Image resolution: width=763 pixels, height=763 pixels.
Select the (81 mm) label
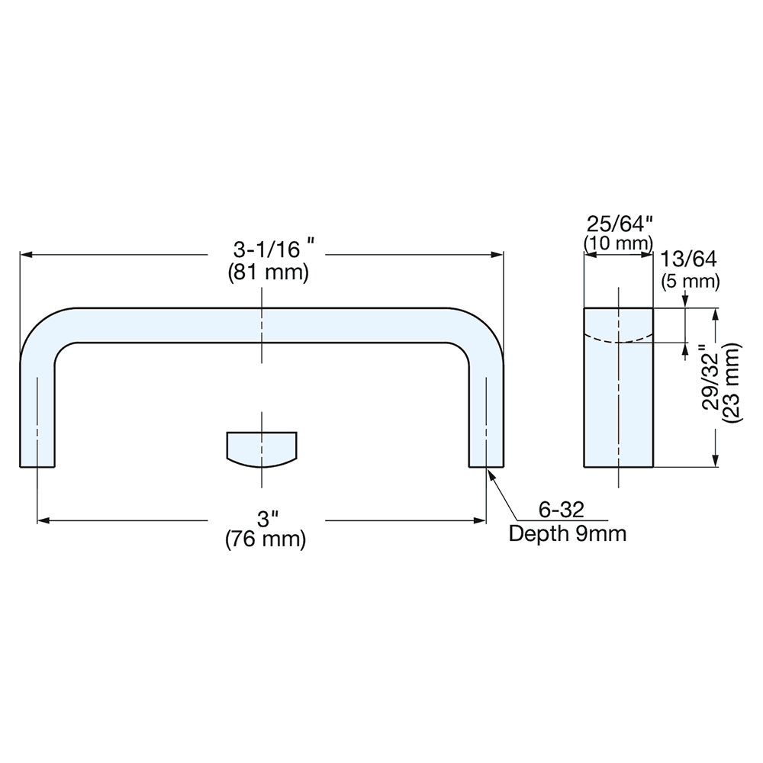(x=269, y=272)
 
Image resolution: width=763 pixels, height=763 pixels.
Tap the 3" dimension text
(x=266, y=520)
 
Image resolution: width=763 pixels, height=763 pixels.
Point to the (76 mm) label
(x=266, y=540)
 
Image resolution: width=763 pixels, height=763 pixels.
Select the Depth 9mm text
(x=567, y=533)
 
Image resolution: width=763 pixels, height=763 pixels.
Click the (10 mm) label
(x=618, y=243)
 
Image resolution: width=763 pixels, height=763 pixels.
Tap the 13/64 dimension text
(x=690, y=259)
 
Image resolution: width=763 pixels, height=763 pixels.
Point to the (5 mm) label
(x=690, y=281)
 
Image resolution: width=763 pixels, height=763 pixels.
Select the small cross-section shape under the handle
(x=262, y=449)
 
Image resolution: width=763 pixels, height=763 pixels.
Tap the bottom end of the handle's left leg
(x=37, y=464)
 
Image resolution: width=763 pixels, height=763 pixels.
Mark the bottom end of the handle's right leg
(x=486, y=464)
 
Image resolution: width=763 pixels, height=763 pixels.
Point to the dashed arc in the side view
(x=619, y=340)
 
